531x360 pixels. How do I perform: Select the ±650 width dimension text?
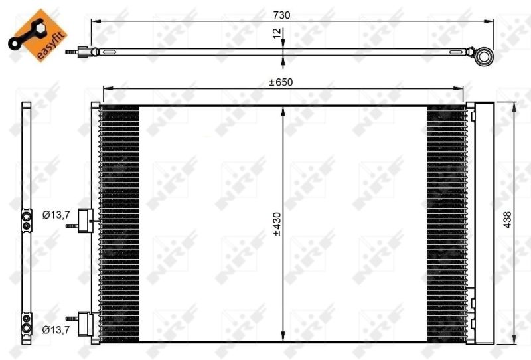pos(280,82)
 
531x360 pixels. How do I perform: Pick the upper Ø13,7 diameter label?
pos(56,214)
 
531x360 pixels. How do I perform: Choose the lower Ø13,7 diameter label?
pos(56,329)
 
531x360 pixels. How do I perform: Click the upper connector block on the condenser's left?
pos(85,220)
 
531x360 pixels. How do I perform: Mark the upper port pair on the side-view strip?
pos(26,221)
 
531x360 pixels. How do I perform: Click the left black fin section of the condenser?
pos(120,223)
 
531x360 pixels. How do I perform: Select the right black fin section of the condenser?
pos(446,223)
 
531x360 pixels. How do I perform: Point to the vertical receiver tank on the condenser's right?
pos(483,223)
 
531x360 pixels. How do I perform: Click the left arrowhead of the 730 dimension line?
pos(94,23)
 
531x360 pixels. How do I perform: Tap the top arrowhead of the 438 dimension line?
pos(516,104)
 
